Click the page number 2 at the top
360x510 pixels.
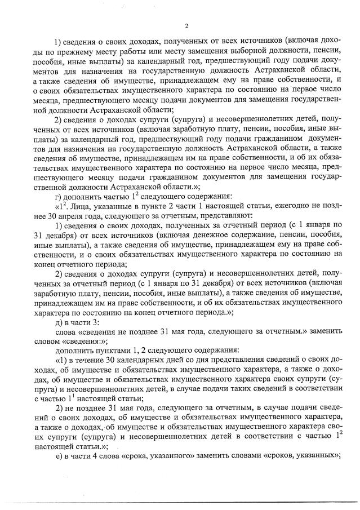(186, 26)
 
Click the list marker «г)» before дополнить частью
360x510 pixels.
(57, 196)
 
